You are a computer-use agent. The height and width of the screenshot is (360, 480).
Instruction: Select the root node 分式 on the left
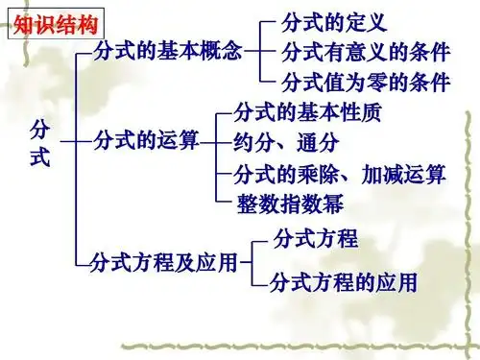(41, 143)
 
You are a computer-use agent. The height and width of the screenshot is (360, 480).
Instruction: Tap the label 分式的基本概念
(167, 51)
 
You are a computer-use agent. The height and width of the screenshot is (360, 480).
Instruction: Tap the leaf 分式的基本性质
(308, 112)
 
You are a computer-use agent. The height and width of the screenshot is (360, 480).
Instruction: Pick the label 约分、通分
(287, 143)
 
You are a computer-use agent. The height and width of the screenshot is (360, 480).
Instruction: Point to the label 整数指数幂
(290, 203)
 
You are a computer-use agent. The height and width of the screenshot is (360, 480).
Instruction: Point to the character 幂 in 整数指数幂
(332, 203)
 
